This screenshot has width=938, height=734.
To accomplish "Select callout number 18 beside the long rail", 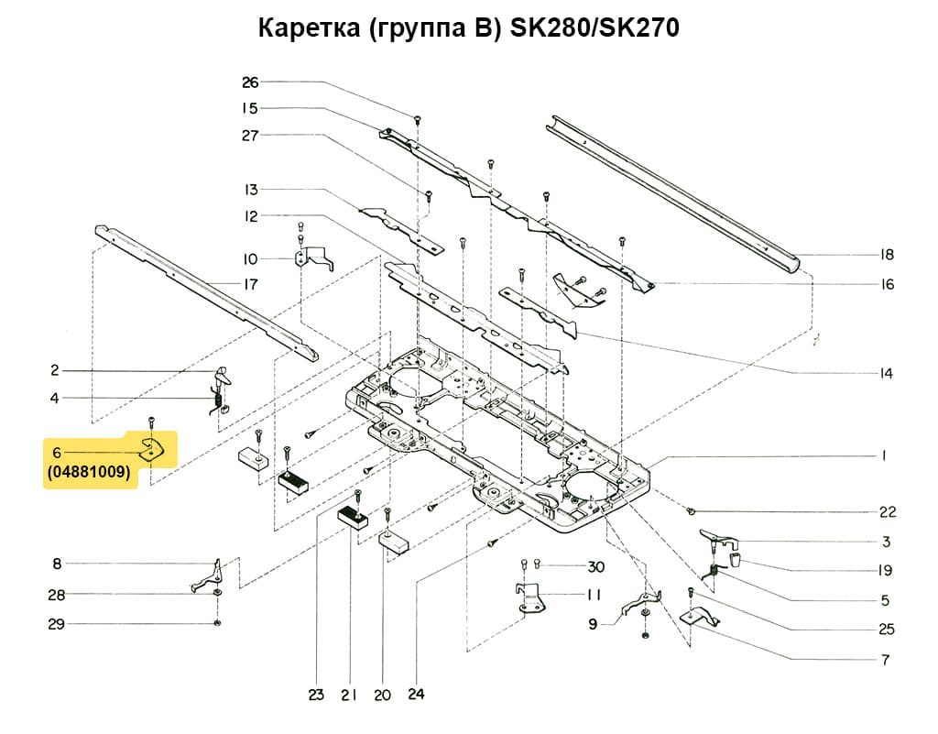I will pyautogui.click(x=886, y=255).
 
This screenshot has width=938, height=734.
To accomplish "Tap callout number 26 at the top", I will pyautogui.click(x=250, y=82).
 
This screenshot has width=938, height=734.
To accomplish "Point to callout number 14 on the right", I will pyautogui.click(x=886, y=374).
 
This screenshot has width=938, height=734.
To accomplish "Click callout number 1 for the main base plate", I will pyautogui.click(x=885, y=455).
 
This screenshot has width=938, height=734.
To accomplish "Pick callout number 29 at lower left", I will pyautogui.click(x=56, y=624).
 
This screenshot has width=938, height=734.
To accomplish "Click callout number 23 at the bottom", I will pyautogui.click(x=316, y=696).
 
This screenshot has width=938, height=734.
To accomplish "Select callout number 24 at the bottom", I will pyautogui.click(x=418, y=696).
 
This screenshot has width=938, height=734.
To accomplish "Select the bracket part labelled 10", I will pyautogui.click(x=311, y=258).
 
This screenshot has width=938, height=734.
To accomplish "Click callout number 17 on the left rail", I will pyautogui.click(x=250, y=284).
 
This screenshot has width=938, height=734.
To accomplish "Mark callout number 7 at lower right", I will pyautogui.click(x=885, y=660).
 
